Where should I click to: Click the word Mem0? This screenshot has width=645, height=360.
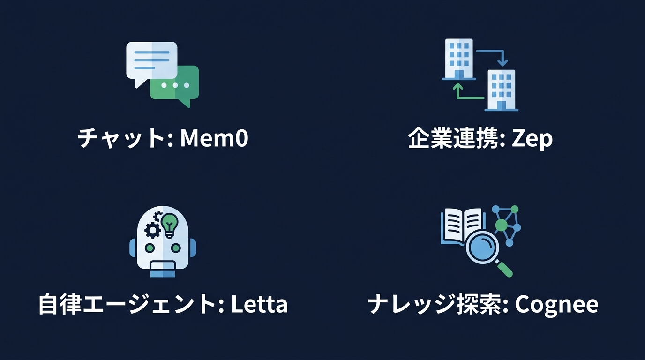pyautogui.click(x=214, y=138)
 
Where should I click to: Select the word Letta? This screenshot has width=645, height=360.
pyautogui.click(x=259, y=304)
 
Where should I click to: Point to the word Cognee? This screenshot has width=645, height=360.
pyautogui.click(x=556, y=305)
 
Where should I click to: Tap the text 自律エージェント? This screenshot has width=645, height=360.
pyautogui.click(x=127, y=304)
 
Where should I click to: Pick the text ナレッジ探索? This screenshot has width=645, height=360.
pyautogui.click(x=435, y=304)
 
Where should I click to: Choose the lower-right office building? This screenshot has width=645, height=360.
pyautogui.click(x=501, y=90)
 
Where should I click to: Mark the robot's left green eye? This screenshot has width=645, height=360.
pyautogui.click(x=150, y=247)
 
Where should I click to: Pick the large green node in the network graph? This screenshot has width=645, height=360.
pyautogui.click(x=501, y=225)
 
